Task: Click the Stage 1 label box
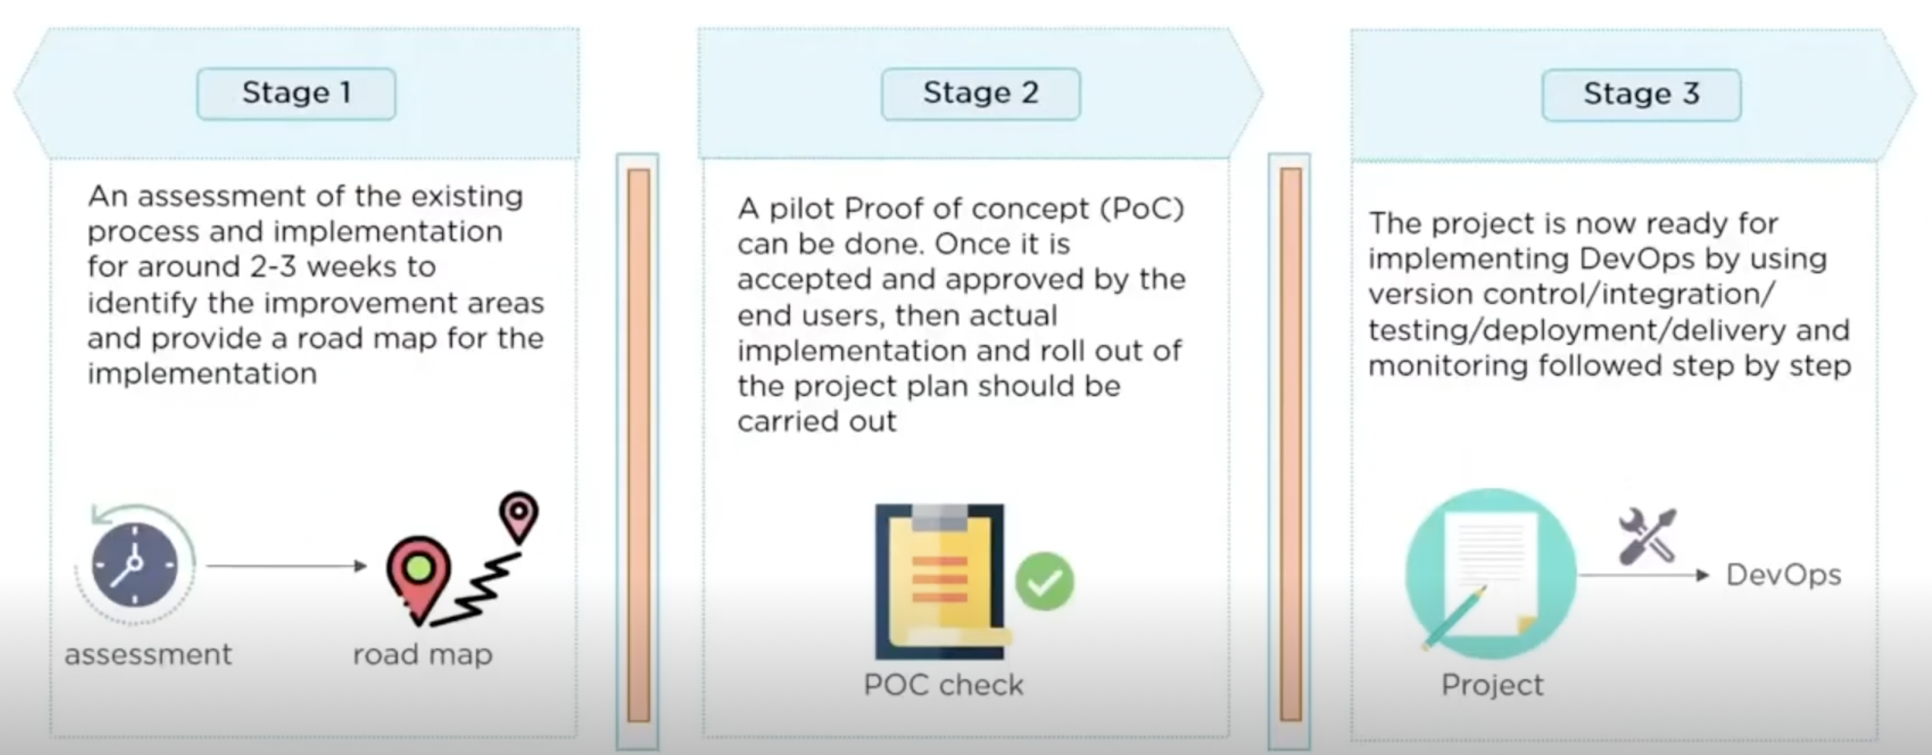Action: click(296, 93)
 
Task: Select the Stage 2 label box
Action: click(980, 93)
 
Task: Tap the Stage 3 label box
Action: click(1641, 94)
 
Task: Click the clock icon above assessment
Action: click(135, 565)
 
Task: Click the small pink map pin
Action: click(519, 515)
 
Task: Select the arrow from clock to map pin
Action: click(287, 565)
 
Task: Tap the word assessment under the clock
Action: click(148, 654)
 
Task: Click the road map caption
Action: click(422, 654)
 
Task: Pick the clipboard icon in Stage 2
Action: click(940, 581)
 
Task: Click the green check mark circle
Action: click(1044, 581)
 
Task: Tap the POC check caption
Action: click(943, 685)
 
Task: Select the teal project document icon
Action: click(1490, 574)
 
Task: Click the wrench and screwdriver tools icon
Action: click(1648, 537)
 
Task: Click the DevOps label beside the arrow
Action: click(1783, 575)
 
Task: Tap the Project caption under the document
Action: click(1491, 685)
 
